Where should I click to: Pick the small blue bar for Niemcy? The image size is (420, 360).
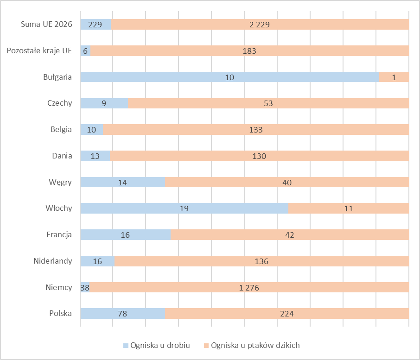pyautogui.click(x=85, y=287)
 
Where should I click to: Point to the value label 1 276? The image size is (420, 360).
pyautogui.click(x=249, y=288)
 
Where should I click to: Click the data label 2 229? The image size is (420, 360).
pyautogui.click(x=260, y=25)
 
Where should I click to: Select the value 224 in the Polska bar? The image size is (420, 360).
pyautogui.click(x=287, y=314)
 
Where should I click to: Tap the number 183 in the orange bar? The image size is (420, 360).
pyautogui.click(x=249, y=51)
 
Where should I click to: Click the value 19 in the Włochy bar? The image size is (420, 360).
pyautogui.click(x=184, y=208)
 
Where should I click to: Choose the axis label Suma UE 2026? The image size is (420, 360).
pyautogui.click(x=47, y=25)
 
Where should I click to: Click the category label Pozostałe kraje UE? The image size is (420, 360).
pyautogui.click(x=39, y=51)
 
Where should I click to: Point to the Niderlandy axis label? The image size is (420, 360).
pyautogui.click(x=53, y=261)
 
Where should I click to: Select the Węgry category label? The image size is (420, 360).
pyautogui.click(x=60, y=182)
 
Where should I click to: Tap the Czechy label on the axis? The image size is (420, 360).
pyautogui.click(x=60, y=103)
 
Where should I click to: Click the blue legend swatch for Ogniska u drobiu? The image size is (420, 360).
pyautogui.click(x=126, y=345)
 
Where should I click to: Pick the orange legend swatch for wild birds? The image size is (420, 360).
pyautogui.click(x=206, y=345)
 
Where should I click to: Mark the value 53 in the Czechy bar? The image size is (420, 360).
pyautogui.click(x=268, y=103)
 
